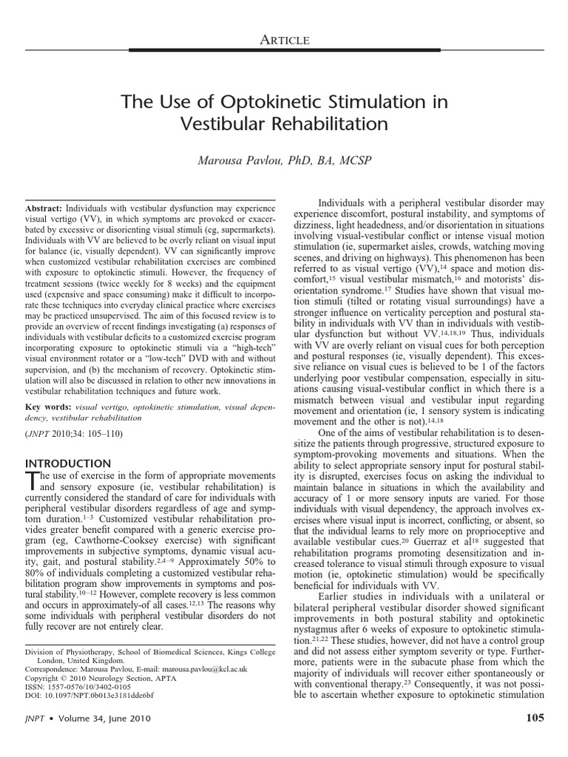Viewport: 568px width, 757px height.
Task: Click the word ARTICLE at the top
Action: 284,40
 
